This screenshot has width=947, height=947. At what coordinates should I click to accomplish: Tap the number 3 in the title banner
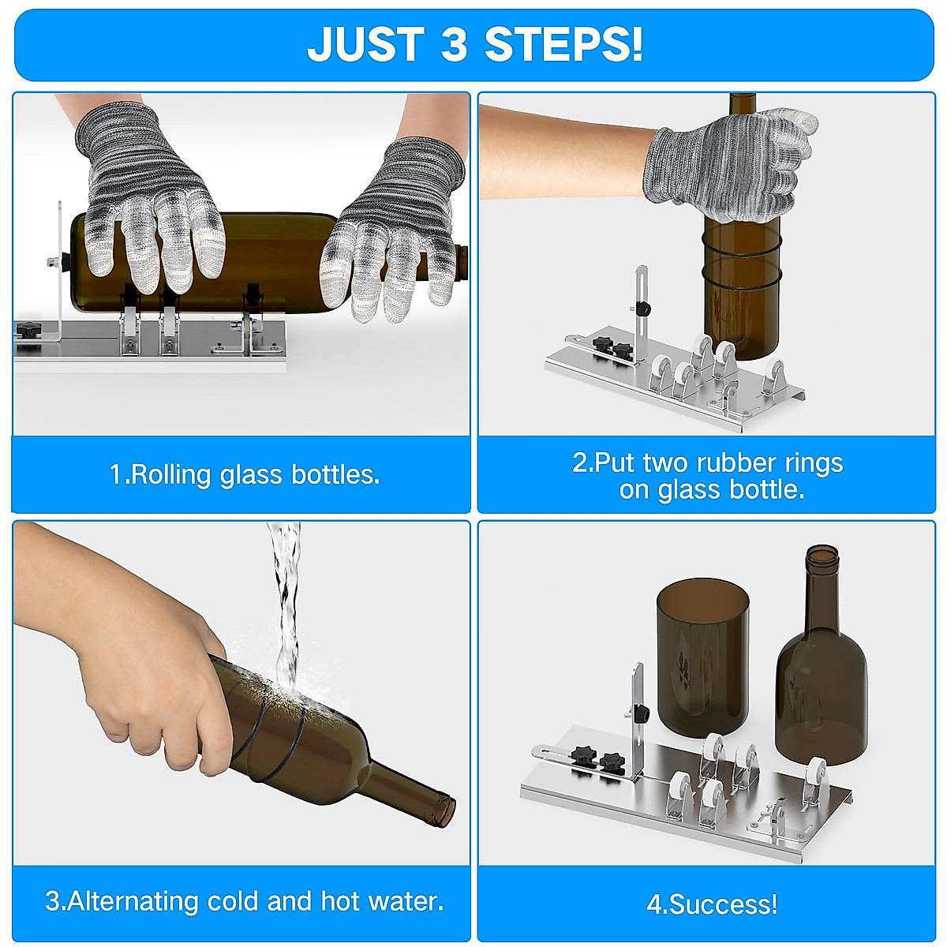click(455, 44)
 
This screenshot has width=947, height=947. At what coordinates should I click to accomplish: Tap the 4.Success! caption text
click(712, 904)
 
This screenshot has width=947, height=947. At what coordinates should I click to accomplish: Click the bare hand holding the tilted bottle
click(142, 679)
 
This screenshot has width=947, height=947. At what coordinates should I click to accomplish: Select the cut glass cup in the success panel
click(702, 655)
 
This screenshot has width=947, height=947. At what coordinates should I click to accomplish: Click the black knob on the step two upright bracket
click(646, 308)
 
